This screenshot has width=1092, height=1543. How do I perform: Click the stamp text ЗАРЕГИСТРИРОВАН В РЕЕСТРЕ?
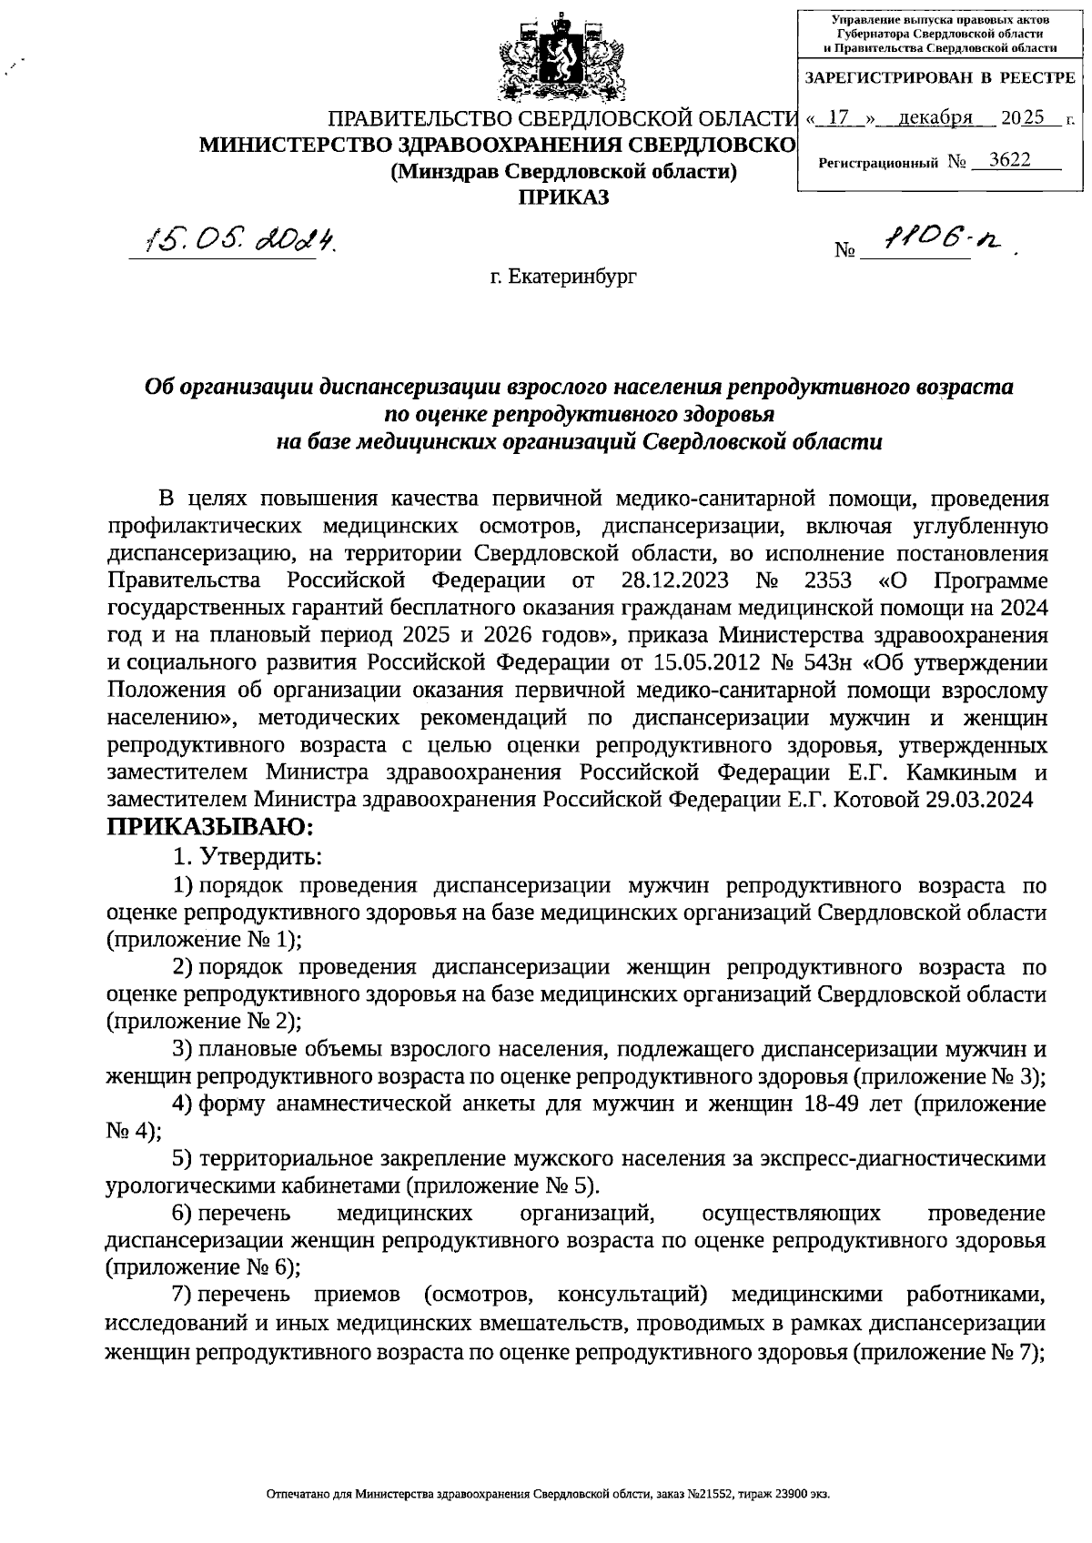940,79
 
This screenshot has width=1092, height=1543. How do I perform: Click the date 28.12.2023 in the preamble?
672,580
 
